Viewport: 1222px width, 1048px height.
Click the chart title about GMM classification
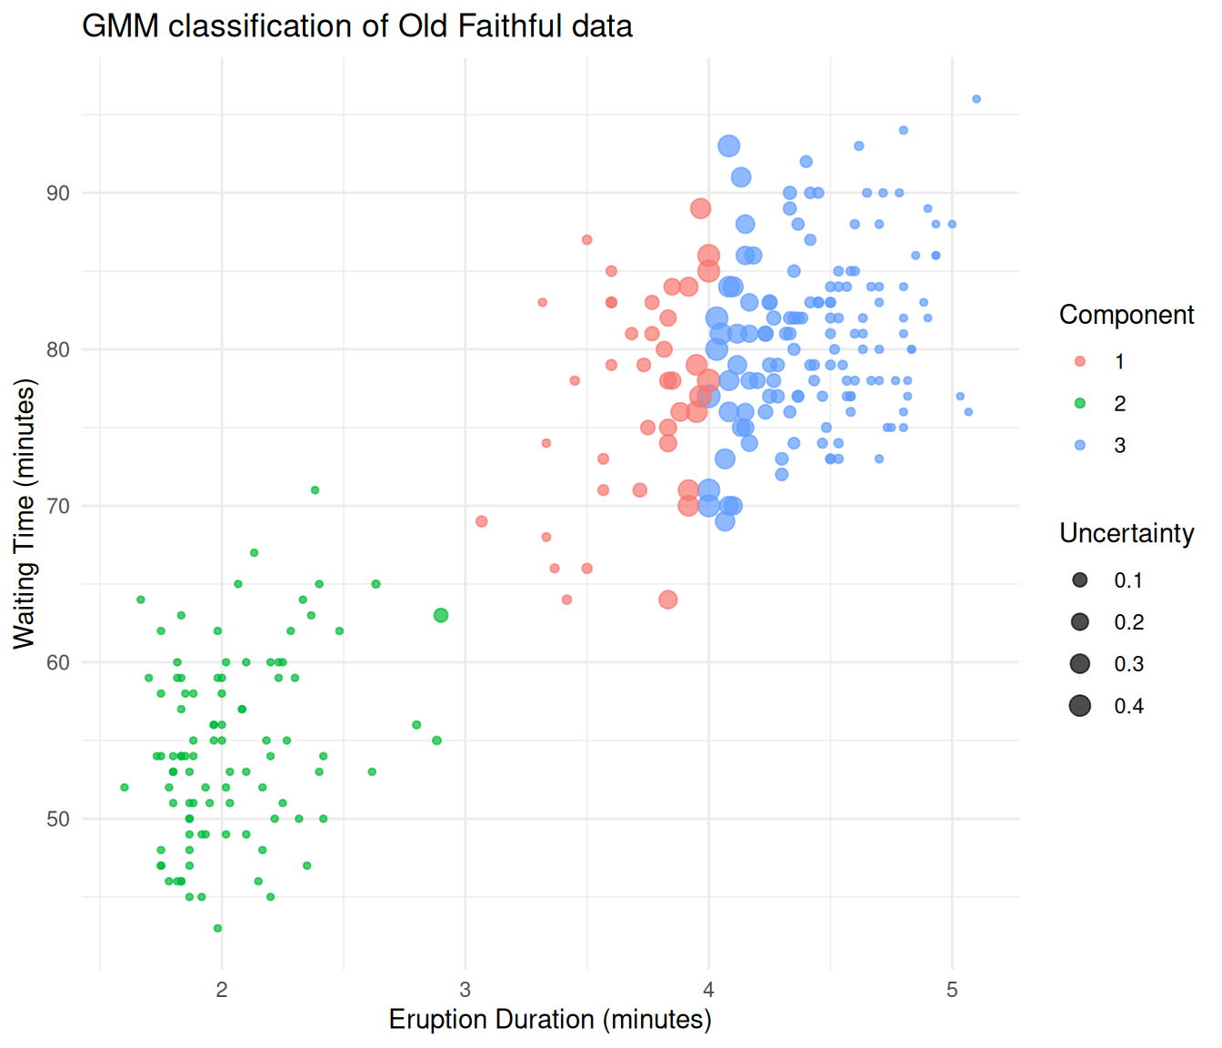tap(356, 25)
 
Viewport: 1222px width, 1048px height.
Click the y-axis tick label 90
tap(58, 193)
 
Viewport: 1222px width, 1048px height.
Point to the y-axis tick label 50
tap(58, 819)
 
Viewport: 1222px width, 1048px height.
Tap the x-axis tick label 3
tap(465, 990)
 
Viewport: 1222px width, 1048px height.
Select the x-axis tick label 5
tap(952, 990)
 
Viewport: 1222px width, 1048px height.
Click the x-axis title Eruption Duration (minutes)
tap(550, 1020)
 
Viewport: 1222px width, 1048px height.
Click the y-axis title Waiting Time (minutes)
tap(25, 514)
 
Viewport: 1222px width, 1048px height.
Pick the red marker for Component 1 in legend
tap(1079, 361)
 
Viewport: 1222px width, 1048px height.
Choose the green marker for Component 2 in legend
tap(1079, 403)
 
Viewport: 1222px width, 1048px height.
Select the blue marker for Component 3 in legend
tap(1079, 445)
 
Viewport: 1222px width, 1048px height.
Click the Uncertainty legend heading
tap(1127, 533)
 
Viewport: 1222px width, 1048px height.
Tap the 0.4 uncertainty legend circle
tap(1079, 706)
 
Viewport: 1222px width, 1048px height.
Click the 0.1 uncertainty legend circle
tap(1079, 580)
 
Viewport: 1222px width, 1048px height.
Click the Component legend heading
tap(1127, 315)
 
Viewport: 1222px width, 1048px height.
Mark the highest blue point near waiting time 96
tap(977, 99)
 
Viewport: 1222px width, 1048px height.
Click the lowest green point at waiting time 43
tap(217, 928)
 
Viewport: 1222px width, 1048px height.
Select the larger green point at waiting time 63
tap(441, 616)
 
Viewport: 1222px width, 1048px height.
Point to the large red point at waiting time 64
tap(668, 600)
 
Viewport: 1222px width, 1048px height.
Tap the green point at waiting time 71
tap(315, 490)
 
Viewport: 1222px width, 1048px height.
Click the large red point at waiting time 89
tap(700, 208)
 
